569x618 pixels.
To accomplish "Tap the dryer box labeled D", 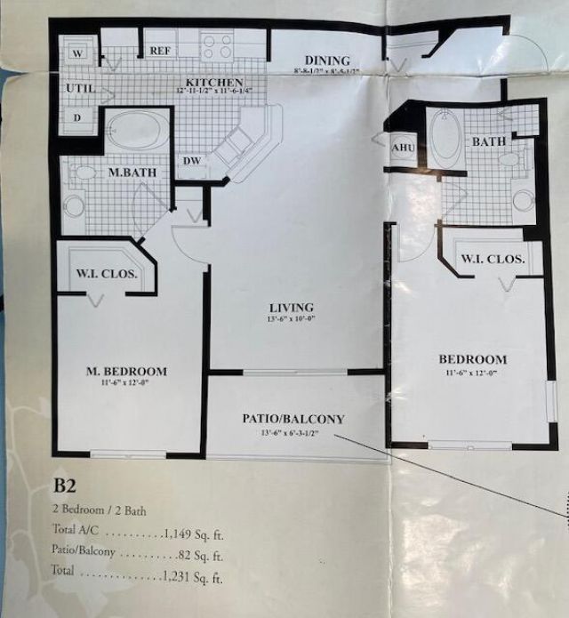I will tap(77, 117).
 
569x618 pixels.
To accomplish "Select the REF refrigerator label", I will tap(160, 51).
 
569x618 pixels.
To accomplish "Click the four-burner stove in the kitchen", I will tap(216, 46).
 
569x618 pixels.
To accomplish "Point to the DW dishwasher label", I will tap(191, 161).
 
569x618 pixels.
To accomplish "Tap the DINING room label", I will tap(326, 60).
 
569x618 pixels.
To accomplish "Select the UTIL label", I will tap(80, 89).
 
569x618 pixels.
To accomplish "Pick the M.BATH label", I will tap(128, 173).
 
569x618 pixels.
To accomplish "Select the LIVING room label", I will tap(291, 308).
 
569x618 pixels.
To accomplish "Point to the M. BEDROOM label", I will tap(126, 371).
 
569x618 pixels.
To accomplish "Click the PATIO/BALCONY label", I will tap(293, 418).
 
